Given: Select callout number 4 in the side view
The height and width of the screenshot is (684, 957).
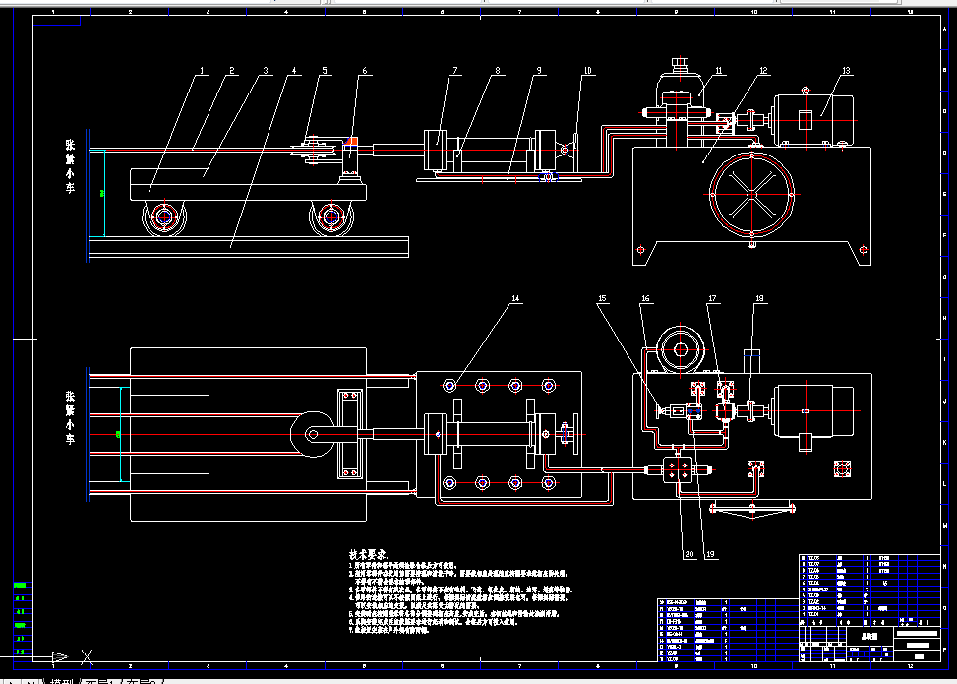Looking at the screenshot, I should coord(294,71).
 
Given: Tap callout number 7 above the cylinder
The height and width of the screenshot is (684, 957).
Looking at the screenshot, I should coord(456,71).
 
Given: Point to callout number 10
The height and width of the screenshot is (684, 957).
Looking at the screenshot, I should coord(587,71).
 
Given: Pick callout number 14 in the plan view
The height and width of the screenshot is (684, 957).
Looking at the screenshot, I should coord(512,297).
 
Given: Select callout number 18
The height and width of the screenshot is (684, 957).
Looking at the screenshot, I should coord(758,297).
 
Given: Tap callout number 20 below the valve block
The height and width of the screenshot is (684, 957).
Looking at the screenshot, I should coord(689,554).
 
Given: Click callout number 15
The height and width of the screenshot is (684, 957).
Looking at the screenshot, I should coord(602,297).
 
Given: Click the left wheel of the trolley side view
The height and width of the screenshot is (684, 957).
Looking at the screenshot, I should coord(164,218).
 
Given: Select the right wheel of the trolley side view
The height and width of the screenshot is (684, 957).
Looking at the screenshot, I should coord(331,218).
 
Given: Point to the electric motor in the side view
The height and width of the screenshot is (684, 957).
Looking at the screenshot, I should coord(814,120).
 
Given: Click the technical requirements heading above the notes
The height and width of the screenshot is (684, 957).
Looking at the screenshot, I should coord(368,555).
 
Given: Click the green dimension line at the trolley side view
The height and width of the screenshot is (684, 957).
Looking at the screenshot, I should coord(101,193).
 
